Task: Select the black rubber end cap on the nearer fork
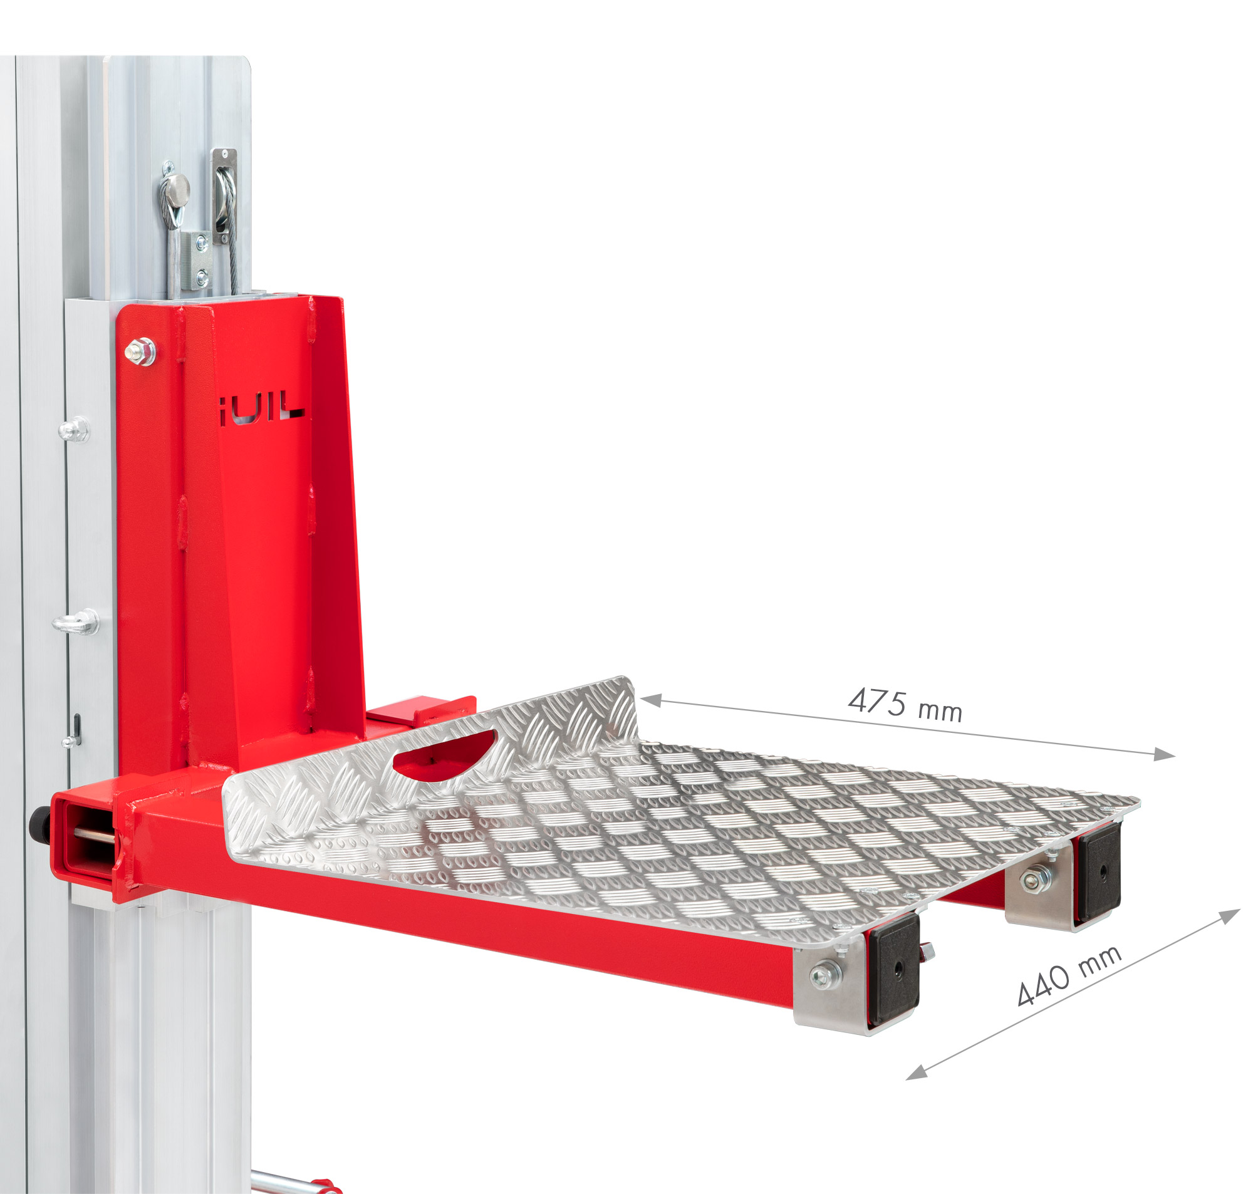click(x=894, y=970)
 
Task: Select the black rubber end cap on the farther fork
click(x=1100, y=873)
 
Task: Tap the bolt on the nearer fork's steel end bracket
click(x=825, y=972)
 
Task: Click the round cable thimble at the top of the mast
click(x=174, y=192)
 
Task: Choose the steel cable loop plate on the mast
click(x=224, y=195)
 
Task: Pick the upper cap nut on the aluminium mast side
click(x=75, y=429)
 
